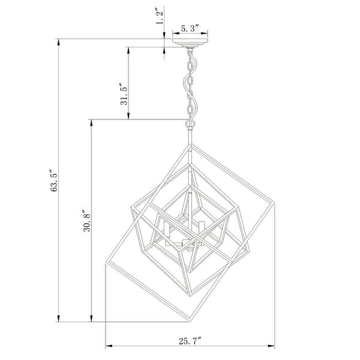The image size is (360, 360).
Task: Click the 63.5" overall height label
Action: [x=55, y=181]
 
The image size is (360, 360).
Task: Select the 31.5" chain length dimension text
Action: [x=124, y=94]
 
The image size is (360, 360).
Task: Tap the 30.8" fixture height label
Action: [x=88, y=220]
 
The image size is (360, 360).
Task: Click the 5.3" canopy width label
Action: [x=191, y=28]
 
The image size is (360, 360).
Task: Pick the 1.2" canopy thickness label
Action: [x=160, y=17]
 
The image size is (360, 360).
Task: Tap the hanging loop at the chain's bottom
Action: [x=190, y=122]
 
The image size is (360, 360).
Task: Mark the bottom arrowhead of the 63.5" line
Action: [x=59, y=318]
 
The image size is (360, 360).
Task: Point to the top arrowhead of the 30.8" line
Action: [x=91, y=123]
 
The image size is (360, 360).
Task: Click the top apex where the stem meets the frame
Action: [x=190, y=144]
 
